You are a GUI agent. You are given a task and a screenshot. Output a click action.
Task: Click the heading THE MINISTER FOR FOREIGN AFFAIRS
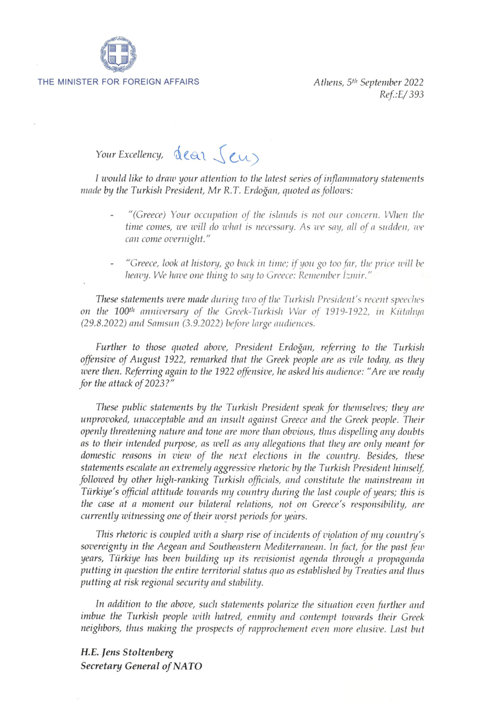(119, 82)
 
